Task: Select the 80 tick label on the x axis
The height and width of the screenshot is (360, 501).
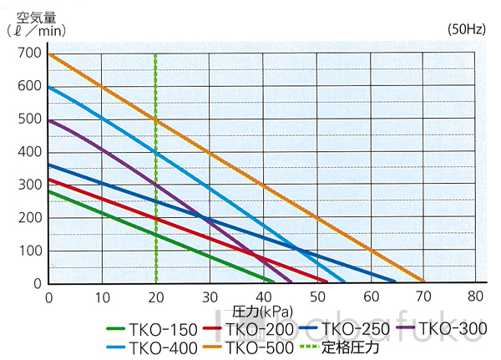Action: click(476, 297)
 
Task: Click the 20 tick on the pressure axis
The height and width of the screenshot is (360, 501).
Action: click(155, 297)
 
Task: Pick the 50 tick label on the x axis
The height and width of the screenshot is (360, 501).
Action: click(316, 297)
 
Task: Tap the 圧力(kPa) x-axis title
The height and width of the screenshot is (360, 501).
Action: click(261, 311)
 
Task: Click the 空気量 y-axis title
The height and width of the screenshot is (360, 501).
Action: click(35, 13)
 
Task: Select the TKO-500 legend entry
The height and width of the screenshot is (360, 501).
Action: click(253, 347)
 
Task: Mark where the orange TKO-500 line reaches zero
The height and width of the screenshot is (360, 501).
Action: click(423, 282)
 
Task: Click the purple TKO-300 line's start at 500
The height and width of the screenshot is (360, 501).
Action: click(49, 120)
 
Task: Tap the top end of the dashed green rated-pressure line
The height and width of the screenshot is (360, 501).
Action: click(155, 53)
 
